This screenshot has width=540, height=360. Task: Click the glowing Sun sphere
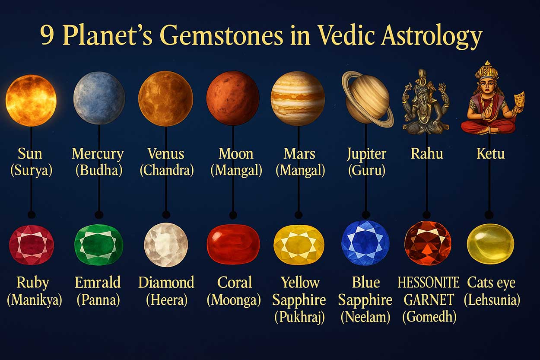31,100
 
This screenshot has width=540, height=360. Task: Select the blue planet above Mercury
99,98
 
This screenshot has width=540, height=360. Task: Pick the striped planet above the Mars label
298,99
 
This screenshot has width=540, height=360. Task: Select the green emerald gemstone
99,245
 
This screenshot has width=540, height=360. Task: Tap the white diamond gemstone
166,245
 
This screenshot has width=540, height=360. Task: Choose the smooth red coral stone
233,245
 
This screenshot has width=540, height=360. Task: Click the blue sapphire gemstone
365,243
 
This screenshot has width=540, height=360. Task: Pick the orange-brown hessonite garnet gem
428,243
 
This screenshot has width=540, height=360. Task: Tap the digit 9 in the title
48,37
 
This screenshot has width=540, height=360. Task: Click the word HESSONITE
428,283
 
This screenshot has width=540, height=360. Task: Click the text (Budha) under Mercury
99,170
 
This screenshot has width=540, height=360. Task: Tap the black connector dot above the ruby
31,215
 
